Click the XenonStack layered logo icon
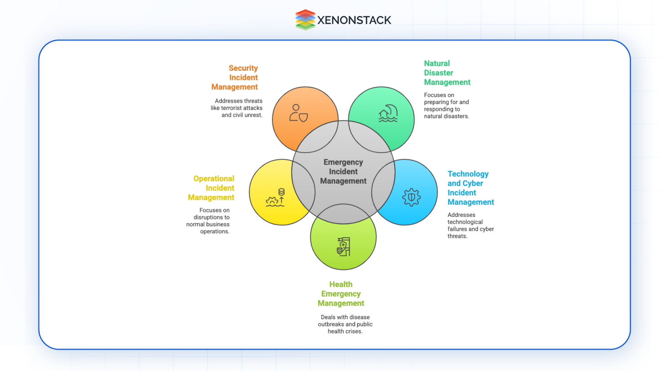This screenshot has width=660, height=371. tap(305, 20)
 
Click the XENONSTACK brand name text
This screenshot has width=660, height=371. tap(354, 20)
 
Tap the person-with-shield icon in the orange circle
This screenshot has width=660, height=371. tap(298, 113)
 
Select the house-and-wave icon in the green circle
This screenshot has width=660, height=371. tap(388, 113)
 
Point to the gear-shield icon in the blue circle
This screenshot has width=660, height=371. tap(411, 197)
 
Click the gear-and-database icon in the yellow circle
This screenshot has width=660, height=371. tap(275, 198)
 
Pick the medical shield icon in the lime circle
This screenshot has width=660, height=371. tap(343, 247)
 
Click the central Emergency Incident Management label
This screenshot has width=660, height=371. tap(343, 171)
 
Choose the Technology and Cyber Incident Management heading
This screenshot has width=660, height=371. tap(470, 188)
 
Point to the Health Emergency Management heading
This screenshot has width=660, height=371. tap(341, 294)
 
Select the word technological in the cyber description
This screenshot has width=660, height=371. tap(465, 222)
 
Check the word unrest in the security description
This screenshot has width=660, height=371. tap(254, 115)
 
